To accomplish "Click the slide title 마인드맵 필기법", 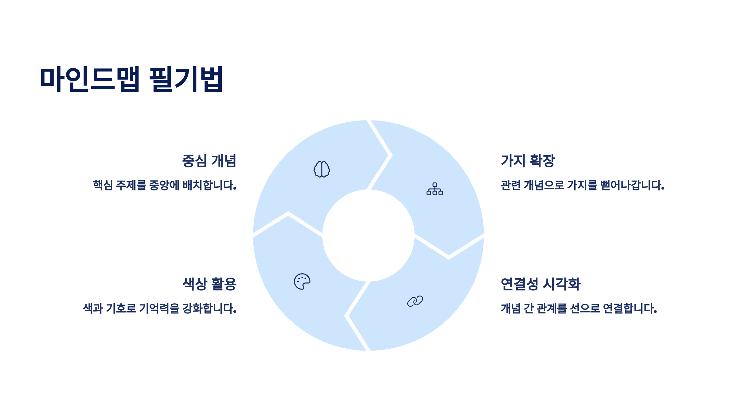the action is tap(131, 79).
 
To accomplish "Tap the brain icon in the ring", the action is tap(322, 169).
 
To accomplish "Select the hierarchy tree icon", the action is tap(435, 189).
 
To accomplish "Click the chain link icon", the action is tap(415, 301).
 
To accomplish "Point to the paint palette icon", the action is tap(302, 282).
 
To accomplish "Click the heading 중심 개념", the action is tap(209, 161).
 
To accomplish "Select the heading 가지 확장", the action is tap(528, 161).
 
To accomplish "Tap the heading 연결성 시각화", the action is tap(540, 284).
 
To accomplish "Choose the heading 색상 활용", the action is tap(209, 284).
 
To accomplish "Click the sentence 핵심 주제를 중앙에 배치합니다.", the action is tap(165, 185).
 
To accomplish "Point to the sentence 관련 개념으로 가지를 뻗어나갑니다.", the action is tap(582, 185).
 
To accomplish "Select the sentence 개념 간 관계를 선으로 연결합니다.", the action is tap(579, 308).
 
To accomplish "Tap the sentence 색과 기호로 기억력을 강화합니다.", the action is tap(160, 308).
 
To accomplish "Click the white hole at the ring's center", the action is tap(368, 236).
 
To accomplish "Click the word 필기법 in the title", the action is tap(186, 79).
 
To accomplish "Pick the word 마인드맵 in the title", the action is tap(90, 79).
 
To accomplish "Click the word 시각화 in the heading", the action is tap(562, 284).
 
